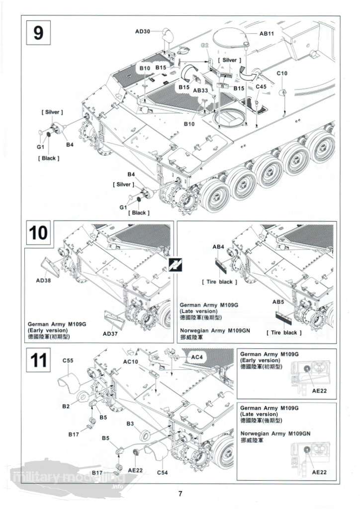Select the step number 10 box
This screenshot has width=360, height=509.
point(39,233)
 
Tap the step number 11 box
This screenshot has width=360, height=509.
point(39,359)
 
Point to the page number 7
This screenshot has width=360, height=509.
point(180,494)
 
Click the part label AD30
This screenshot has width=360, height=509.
point(142,32)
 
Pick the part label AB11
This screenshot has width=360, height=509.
point(267,34)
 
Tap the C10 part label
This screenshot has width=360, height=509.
point(282,73)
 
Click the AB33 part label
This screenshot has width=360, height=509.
point(200,90)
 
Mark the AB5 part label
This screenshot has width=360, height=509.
point(278,302)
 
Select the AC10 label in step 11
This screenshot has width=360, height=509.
point(131,361)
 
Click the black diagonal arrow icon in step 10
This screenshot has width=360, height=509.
point(176,265)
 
